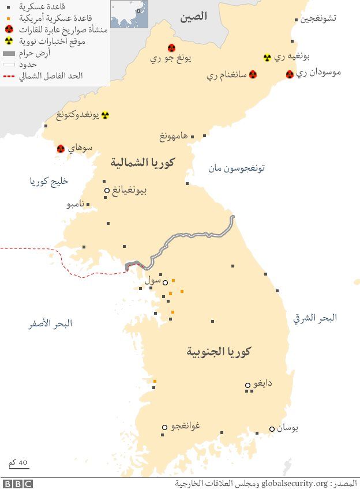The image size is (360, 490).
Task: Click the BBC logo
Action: click(18, 484)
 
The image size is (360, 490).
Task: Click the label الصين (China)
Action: click(193, 17)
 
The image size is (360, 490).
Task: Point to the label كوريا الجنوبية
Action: click(222, 351)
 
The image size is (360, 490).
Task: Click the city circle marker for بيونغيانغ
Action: click(107, 190)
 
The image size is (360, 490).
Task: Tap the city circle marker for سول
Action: click(165, 282)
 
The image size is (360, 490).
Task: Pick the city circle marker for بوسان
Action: click(272, 429)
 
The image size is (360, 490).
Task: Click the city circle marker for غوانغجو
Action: click(164, 427)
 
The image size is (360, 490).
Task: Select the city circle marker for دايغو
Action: click(247, 385)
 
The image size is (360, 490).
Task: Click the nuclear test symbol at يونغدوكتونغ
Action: click(105, 115)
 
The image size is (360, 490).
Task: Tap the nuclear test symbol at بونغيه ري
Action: click(267, 58)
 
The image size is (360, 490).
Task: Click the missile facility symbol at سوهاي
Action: click(61, 149)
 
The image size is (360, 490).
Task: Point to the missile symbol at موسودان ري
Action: click(290, 74)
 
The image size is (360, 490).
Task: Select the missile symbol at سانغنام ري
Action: click(253, 75)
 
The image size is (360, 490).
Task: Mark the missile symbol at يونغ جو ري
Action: click(171, 48)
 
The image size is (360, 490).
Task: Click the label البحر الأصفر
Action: click(51, 323)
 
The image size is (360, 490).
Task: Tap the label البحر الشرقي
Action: click(314, 318)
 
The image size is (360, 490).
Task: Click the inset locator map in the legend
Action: click(129, 14)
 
